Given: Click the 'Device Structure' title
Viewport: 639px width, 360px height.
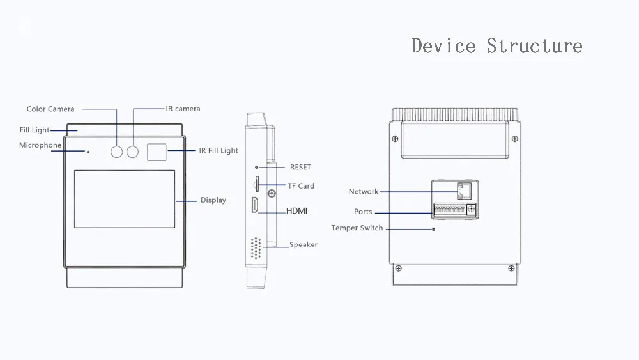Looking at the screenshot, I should [x=497, y=46].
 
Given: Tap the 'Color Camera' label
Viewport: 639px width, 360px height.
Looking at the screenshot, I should [x=50, y=109].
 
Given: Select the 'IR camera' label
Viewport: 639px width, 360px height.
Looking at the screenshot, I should [x=183, y=109].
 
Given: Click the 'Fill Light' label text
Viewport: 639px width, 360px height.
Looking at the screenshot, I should [x=35, y=130].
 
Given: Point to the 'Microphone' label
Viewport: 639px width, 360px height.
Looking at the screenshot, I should [x=40, y=146].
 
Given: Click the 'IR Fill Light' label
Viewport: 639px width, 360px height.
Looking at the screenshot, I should [x=219, y=151].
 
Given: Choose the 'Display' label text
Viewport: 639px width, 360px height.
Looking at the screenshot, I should [x=213, y=200].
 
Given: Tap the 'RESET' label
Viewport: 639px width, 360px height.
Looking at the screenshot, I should [x=300, y=168].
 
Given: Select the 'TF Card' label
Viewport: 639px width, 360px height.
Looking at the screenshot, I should [x=301, y=186].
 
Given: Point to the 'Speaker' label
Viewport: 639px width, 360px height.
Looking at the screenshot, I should [x=304, y=244].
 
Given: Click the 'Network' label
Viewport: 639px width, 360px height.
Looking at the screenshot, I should [x=364, y=192].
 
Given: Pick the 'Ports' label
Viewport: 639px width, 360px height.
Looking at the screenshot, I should [x=363, y=212].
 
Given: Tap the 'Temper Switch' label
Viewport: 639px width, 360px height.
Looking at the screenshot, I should [x=357, y=228].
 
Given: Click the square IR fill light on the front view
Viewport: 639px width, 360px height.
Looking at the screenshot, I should [x=157, y=152].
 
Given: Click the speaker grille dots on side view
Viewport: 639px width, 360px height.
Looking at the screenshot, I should [x=256, y=248].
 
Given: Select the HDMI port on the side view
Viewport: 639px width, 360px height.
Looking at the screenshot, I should [x=254, y=206].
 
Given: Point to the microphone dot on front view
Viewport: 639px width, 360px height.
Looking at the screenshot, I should [x=88, y=152].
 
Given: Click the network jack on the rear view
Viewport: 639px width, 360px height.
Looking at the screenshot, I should [x=465, y=190].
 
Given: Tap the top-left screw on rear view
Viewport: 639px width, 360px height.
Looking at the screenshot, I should [x=396, y=139].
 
